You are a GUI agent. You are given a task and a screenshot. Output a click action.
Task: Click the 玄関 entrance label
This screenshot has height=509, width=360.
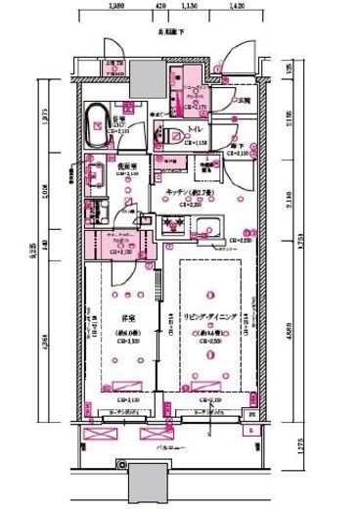pyautogui.click(x=245, y=101)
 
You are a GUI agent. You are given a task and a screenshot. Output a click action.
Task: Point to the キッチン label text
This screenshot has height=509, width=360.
pyautogui.click(x=185, y=192)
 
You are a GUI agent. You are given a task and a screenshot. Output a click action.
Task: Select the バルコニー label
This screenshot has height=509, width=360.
pyautogui.click(x=167, y=446)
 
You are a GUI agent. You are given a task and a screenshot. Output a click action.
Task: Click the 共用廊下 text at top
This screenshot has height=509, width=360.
pyautogui.click(x=167, y=32)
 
